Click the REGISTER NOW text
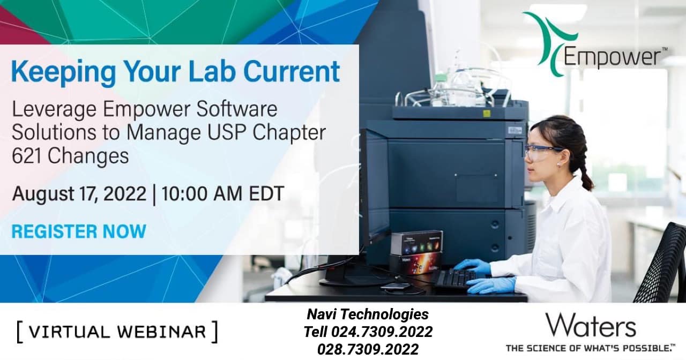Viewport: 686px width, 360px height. [79, 231]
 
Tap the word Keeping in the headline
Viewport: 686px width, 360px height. [63, 72]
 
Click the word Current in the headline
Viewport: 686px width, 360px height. [292, 71]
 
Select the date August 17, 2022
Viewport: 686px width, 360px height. [79, 194]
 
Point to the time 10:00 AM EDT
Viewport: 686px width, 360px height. [222, 193]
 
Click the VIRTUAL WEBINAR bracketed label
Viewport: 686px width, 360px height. [117, 332]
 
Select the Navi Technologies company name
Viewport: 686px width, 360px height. [368, 314]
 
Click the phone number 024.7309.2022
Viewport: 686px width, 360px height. [382, 332]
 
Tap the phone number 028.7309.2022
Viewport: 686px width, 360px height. [368, 349]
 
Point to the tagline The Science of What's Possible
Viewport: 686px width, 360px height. [590, 348]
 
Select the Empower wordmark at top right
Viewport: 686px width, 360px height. [612, 57]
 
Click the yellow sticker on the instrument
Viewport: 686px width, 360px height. [487, 114]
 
